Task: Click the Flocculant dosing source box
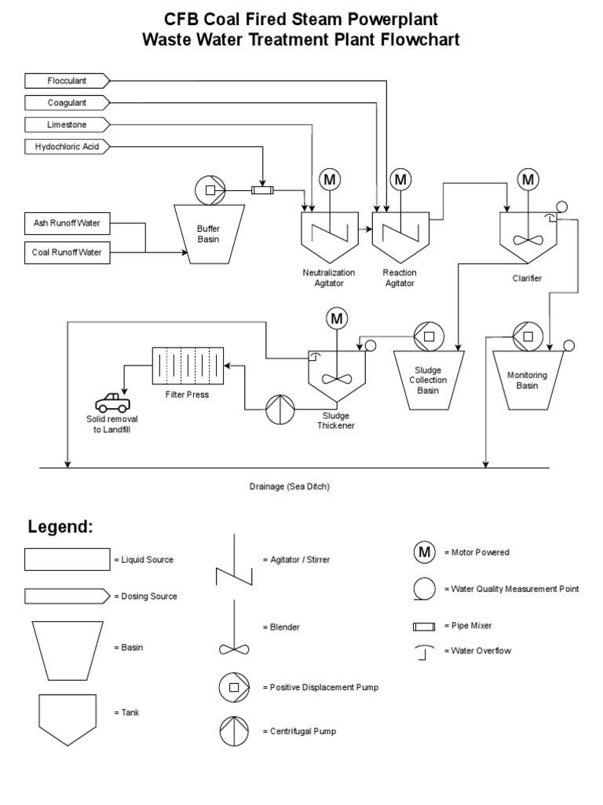pyautogui.click(x=67, y=80)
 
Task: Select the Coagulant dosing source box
pyautogui.click(x=67, y=102)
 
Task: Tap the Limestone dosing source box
pyautogui.click(x=67, y=124)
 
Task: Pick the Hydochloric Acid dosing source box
pyautogui.click(x=67, y=146)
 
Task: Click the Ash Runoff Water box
pyautogui.click(x=67, y=223)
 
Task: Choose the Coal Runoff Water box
pyautogui.click(x=67, y=252)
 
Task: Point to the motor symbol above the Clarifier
pyautogui.click(x=528, y=179)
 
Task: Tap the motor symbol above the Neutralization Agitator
pyautogui.click(x=329, y=179)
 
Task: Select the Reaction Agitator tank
pyautogui.click(x=400, y=236)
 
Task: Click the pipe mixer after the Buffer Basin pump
pyautogui.click(x=261, y=190)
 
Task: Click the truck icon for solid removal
pyautogui.click(x=113, y=401)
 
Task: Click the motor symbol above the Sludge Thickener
pyautogui.click(x=337, y=318)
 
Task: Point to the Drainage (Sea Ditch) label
pyautogui.click(x=289, y=487)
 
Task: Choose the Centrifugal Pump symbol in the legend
pyautogui.click(x=233, y=731)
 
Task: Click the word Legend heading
pyautogui.click(x=60, y=527)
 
